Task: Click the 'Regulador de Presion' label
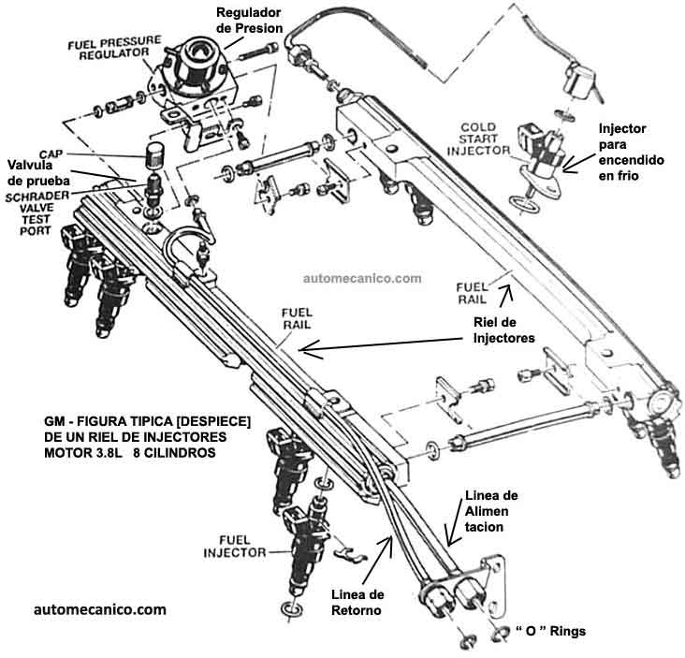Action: point(248,20)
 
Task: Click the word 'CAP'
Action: point(51,153)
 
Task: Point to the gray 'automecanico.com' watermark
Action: point(362,278)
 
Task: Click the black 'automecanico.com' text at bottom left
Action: point(99,608)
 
